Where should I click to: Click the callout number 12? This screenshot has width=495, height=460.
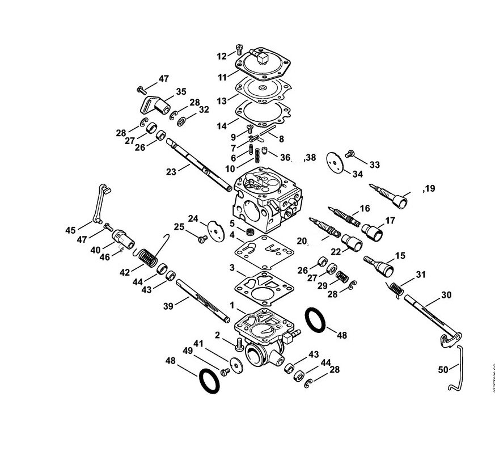222,56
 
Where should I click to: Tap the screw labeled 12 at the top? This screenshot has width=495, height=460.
239,49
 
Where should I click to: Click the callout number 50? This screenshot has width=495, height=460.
443,369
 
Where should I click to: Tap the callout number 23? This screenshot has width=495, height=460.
171,172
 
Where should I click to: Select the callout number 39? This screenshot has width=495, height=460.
168,306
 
